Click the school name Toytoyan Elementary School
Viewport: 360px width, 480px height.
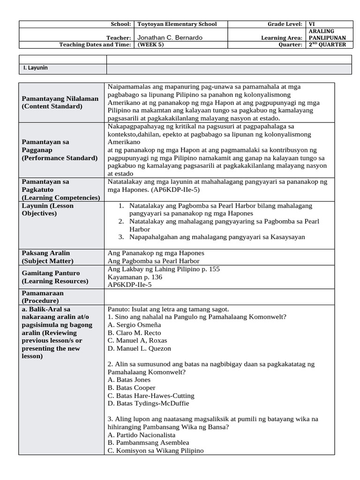click(176, 24)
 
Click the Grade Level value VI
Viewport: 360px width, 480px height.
click(312, 24)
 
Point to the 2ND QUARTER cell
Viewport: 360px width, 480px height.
click(327, 45)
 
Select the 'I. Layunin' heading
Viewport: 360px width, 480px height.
click(36, 68)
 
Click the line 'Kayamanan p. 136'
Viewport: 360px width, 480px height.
click(135, 277)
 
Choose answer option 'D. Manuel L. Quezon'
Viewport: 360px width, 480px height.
click(139, 348)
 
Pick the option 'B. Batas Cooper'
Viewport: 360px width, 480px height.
click(131, 388)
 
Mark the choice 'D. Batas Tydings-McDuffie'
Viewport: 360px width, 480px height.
click(148, 403)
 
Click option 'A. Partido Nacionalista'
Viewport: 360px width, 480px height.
click(141, 435)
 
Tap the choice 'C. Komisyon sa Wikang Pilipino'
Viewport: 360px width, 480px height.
click(156, 450)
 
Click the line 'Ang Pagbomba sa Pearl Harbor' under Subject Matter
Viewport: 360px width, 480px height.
click(153, 261)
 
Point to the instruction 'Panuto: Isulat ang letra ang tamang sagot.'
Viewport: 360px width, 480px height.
click(168, 309)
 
